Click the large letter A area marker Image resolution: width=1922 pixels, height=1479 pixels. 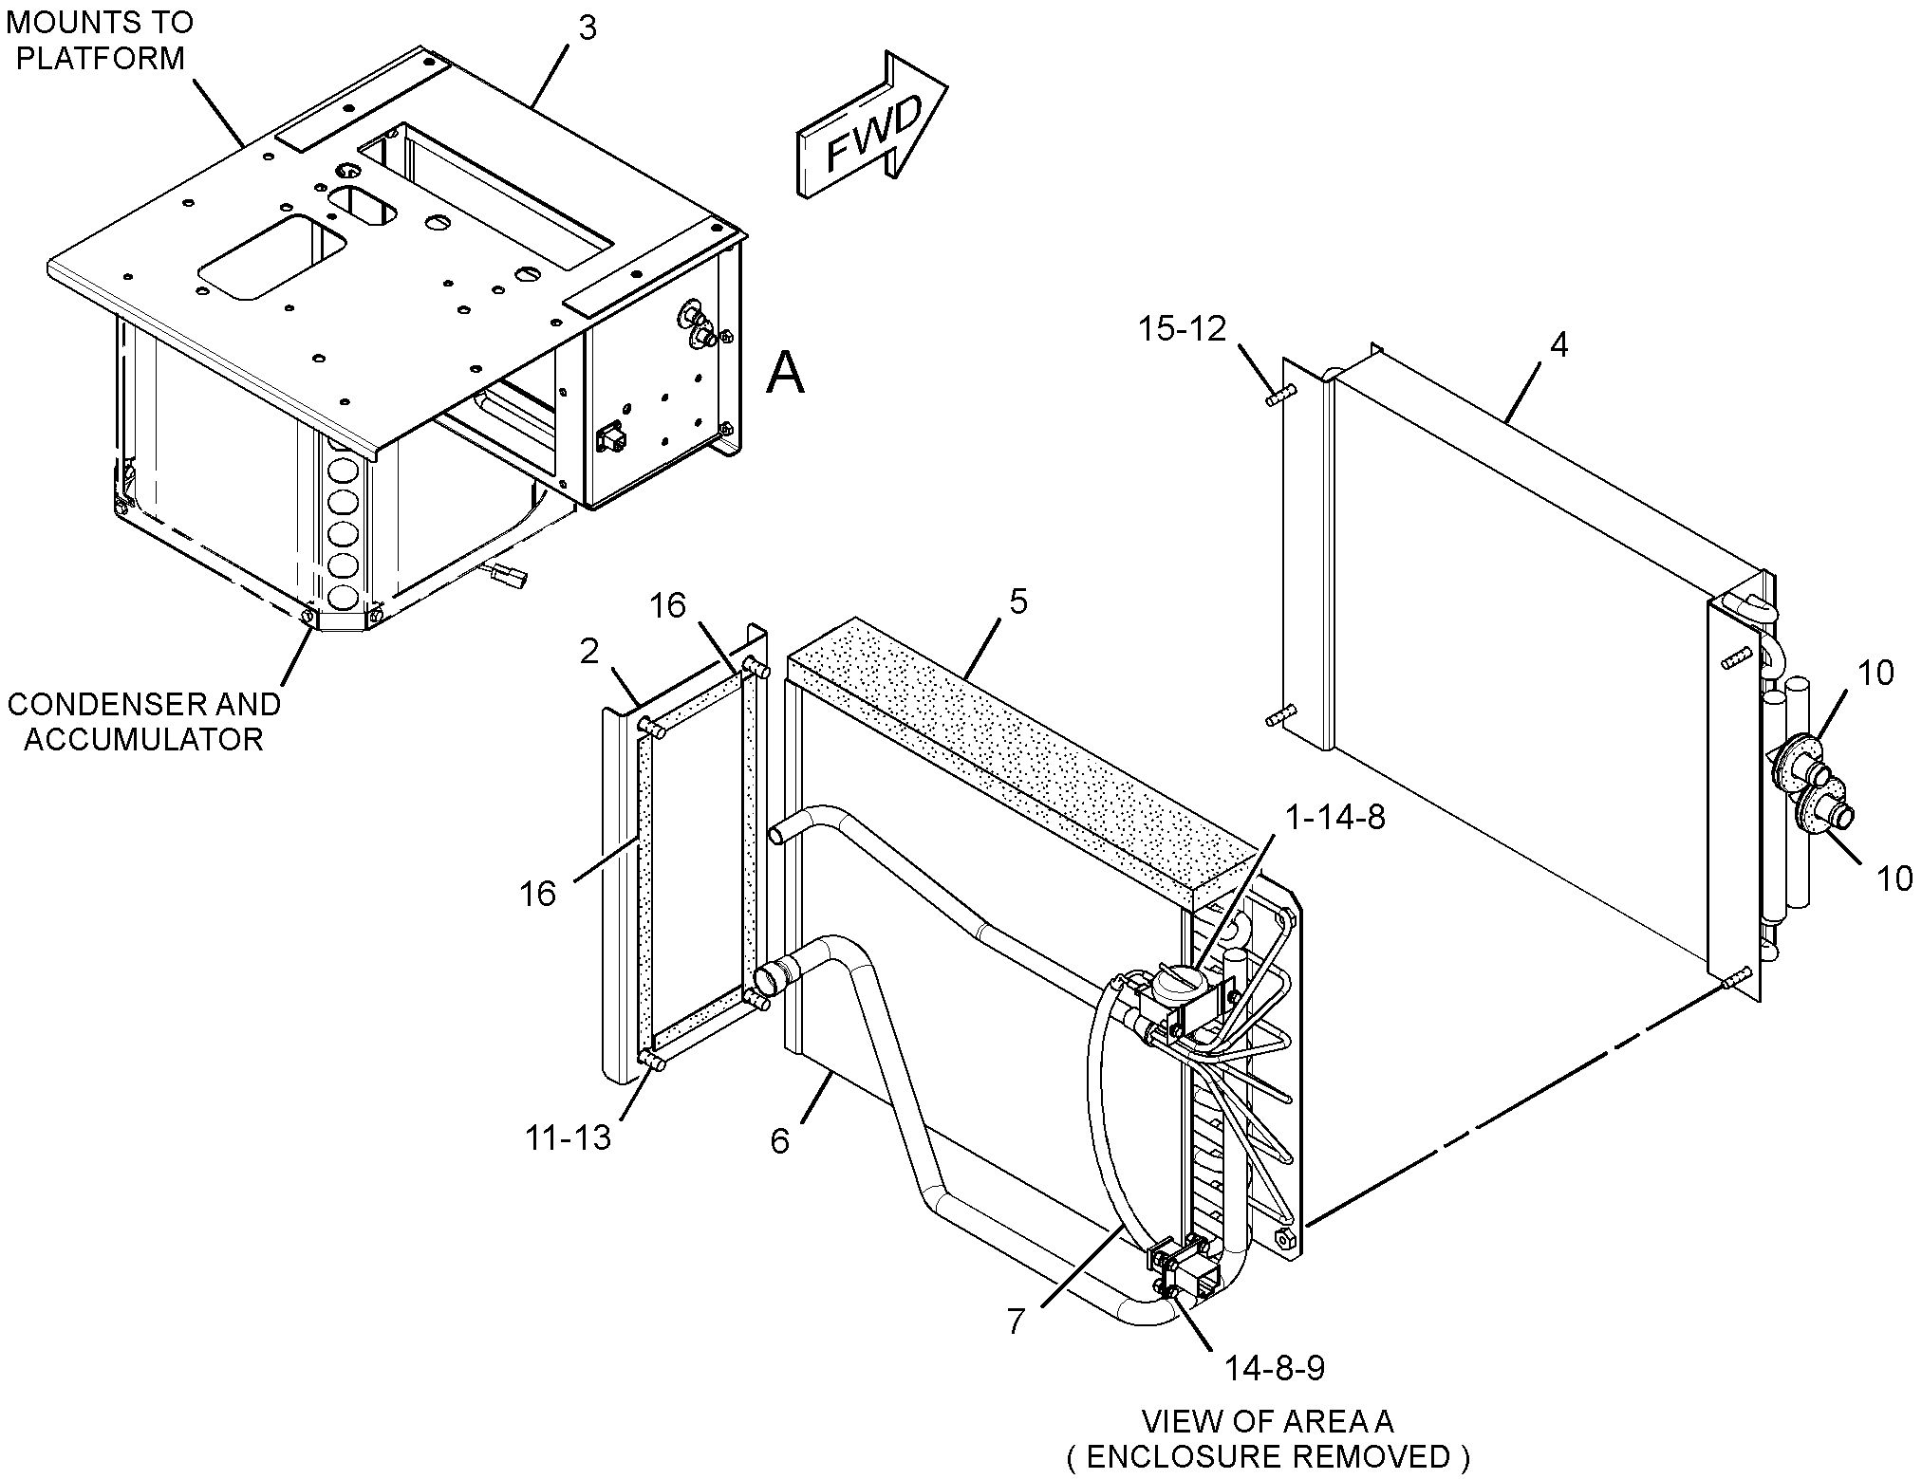pos(785,373)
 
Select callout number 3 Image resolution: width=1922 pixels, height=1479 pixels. pos(588,28)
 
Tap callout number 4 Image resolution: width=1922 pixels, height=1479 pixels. pos(1558,344)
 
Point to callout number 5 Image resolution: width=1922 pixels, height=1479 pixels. pos(1017,601)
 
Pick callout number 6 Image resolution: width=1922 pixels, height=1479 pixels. pos(779,1141)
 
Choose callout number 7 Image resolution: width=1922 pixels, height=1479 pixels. pos(1016,1322)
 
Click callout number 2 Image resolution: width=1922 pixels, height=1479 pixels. pos(589,652)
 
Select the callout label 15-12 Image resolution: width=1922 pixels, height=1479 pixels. pos(1183,329)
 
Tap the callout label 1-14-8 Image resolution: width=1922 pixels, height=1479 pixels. pos(1335,817)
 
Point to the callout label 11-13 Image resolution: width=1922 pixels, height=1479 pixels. pos(568,1137)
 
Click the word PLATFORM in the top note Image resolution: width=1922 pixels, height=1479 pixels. pos(101,58)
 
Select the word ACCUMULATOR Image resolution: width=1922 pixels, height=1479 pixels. pos(143,738)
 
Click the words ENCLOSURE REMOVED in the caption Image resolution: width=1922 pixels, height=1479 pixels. pos(1269,1455)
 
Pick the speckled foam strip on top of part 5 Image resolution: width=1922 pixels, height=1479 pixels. pos(1016,754)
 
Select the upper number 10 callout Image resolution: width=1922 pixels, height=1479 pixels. pos(1875,673)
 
